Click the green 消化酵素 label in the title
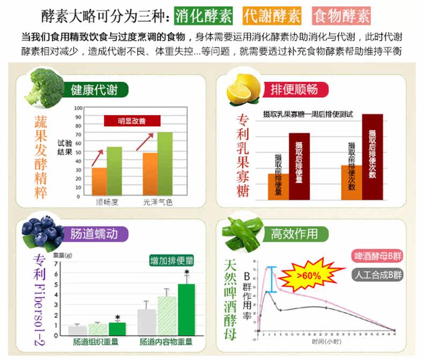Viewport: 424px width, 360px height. pyautogui.click(x=204, y=16)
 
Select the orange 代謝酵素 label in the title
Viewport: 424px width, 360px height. pyautogui.click(x=271, y=16)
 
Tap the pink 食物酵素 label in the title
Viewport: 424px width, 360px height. pyautogui.click(x=341, y=16)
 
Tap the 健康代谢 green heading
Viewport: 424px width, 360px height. pyautogui.click(x=94, y=89)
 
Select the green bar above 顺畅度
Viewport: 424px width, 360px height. pyautogui.click(x=114, y=171)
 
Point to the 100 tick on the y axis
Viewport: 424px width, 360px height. pyautogui.click(x=78, y=108)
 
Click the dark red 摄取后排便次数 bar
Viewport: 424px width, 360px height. pyautogui.click(x=372, y=157)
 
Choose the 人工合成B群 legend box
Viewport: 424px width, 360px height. pyautogui.click(x=378, y=275)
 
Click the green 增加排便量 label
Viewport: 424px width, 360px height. pyautogui.click(x=172, y=261)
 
